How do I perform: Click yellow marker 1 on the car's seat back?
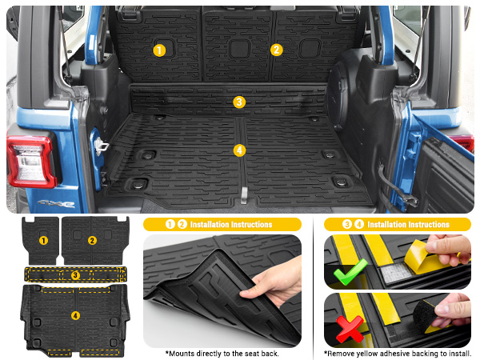[x=159, y=50]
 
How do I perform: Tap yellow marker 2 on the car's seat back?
[x=276, y=50]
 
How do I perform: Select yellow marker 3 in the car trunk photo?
[x=238, y=102]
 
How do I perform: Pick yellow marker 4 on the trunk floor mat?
[x=238, y=150]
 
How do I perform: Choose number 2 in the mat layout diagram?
[x=92, y=240]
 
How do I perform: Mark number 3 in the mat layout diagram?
[x=74, y=274]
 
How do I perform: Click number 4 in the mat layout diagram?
[x=74, y=316]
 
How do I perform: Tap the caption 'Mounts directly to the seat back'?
[x=222, y=353]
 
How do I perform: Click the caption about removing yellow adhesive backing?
[x=397, y=353]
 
